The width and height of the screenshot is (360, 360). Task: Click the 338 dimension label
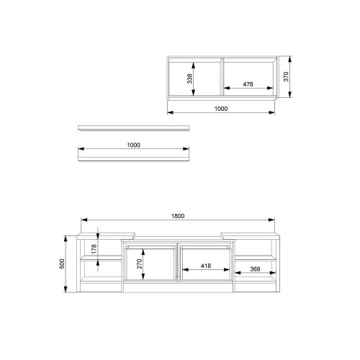coord(189,78)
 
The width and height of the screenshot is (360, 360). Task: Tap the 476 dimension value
coord(248,84)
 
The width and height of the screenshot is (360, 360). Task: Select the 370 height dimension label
coord(286,76)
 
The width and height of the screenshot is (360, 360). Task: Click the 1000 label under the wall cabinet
coord(221,109)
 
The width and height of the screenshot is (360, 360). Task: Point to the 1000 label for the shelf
coord(133,145)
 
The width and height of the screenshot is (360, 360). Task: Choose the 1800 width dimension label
coord(178,216)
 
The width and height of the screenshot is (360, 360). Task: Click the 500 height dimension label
coord(62,264)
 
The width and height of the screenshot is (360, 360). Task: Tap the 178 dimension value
coord(94,249)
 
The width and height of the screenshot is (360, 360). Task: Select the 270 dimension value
coord(140,264)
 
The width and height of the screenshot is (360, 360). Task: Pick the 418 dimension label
coord(206,266)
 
